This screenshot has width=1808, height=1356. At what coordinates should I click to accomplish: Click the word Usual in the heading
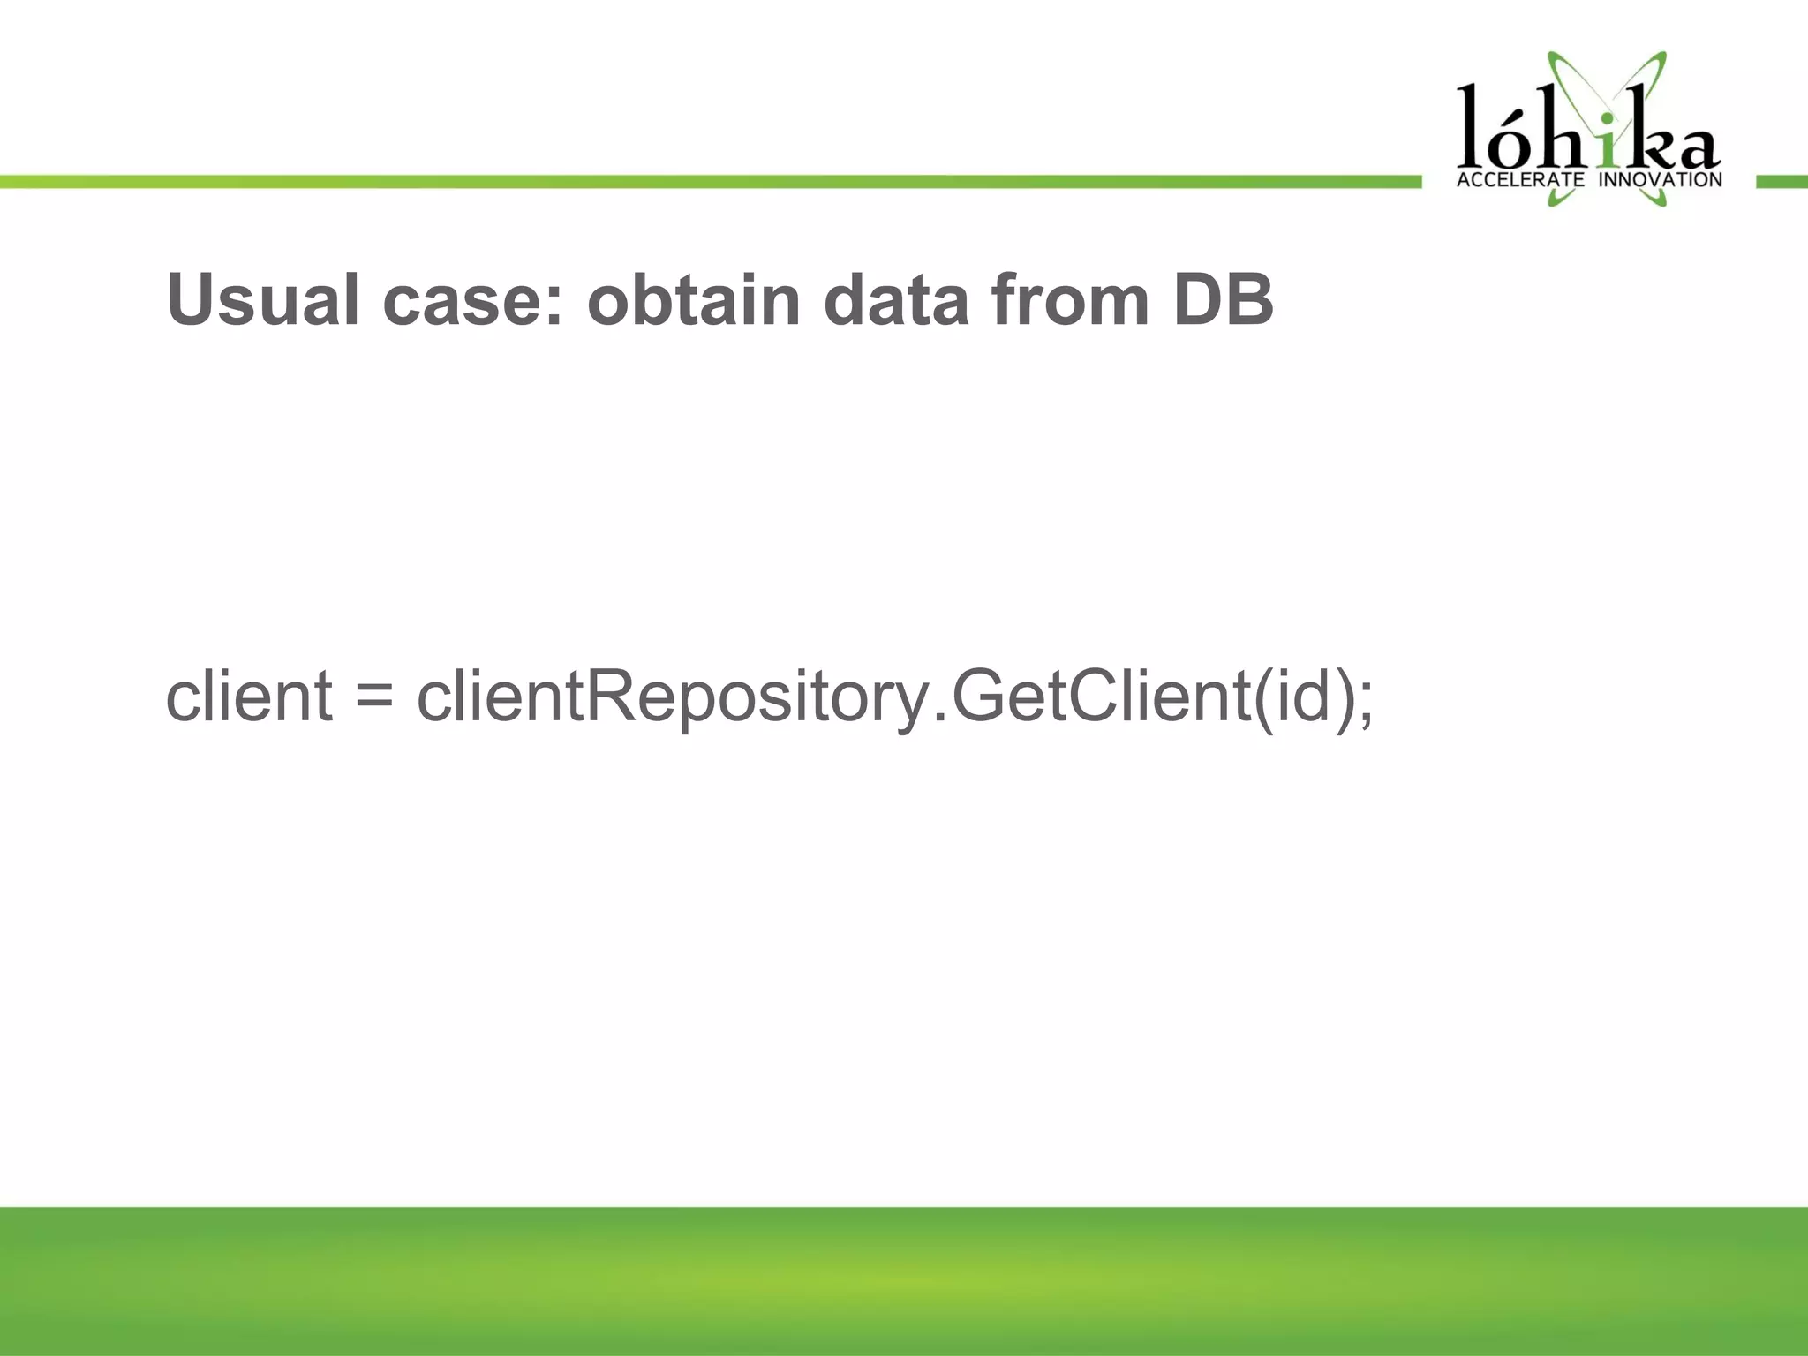[x=262, y=300]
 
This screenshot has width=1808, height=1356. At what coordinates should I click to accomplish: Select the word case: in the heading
[x=471, y=300]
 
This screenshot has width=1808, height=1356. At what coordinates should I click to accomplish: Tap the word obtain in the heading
[x=694, y=300]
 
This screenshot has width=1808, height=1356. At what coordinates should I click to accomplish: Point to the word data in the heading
[x=896, y=300]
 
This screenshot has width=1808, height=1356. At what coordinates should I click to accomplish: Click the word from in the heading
[x=1069, y=300]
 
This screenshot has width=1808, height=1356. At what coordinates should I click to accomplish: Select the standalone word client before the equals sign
[x=249, y=697]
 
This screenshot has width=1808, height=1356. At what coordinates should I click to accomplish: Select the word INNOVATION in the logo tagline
[x=1661, y=180]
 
